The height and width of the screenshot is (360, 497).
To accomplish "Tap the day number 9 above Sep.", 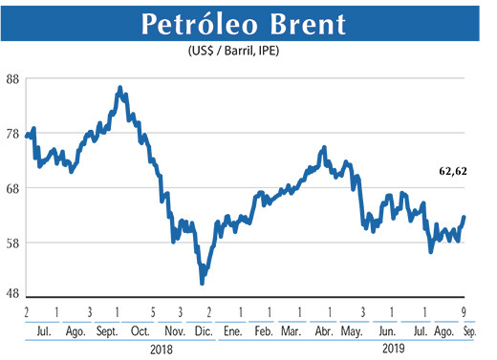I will pyautogui.click(x=464, y=312).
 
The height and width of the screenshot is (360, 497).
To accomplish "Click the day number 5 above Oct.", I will pyautogui.click(x=153, y=312).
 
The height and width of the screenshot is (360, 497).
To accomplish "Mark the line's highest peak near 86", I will pyautogui.click(x=119, y=88).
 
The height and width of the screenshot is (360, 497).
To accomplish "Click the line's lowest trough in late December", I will pyautogui.click(x=202, y=283).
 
